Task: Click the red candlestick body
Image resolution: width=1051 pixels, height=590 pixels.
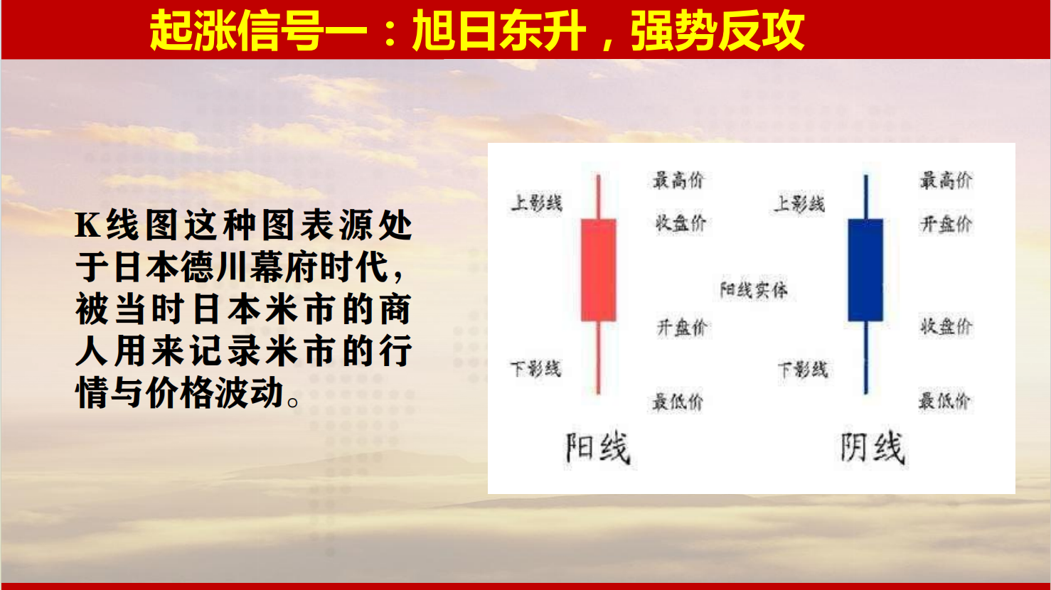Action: tap(598, 269)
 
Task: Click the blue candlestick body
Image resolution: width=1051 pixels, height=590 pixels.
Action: tap(865, 269)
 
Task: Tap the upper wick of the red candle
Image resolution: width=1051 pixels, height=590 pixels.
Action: tap(598, 196)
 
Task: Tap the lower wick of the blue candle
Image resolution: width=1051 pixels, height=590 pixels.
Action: tap(865, 358)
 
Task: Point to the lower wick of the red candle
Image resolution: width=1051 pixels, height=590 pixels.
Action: tap(598, 358)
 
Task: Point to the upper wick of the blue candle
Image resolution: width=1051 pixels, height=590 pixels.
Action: tap(865, 196)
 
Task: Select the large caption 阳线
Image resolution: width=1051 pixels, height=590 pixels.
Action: tap(597, 448)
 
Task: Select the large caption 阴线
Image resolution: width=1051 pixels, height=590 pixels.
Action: tap(873, 448)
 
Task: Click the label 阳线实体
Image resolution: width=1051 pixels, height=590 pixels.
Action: tap(754, 290)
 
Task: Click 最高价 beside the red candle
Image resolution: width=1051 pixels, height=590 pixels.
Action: tap(679, 180)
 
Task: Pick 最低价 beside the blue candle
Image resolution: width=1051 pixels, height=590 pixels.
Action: tap(944, 401)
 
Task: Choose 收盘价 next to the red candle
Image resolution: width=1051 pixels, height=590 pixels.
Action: tap(681, 223)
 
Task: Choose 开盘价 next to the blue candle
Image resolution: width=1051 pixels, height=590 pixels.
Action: tap(946, 224)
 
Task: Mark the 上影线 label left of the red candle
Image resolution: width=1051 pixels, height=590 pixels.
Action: tap(537, 203)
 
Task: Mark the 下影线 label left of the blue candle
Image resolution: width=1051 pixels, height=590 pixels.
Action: tap(804, 370)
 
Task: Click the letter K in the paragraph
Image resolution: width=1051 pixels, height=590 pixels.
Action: tap(87, 225)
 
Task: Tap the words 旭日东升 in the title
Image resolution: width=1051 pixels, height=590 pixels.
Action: tap(499, 31)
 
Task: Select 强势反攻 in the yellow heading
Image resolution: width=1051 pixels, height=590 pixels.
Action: tap(717, 31)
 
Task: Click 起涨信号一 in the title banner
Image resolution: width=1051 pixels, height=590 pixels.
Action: tap(258, 31)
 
